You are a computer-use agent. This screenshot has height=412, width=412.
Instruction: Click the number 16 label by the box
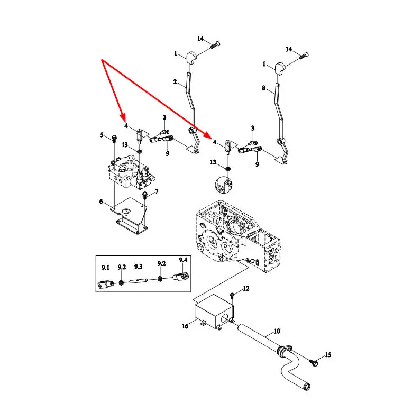pyautogui.click(x=185, y=326)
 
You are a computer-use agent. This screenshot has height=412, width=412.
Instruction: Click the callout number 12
pyautogui.click(x=245, y=289)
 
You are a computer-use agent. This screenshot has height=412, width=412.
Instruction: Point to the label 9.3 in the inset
pyautogui.click(x=139, y=267)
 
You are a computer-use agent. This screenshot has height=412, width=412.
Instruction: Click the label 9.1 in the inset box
pyautogui.click(x=105, y=268)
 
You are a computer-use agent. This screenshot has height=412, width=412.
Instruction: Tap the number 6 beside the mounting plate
pyautogui.click(x=100, y=202)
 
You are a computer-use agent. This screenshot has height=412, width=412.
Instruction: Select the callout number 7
pyautogui.click(x=156, y=191)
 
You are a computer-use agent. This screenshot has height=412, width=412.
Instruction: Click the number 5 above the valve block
pyautogui.click(x=103, y=135)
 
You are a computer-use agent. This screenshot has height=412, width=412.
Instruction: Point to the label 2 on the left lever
pyautogui.click(x=175, y=82)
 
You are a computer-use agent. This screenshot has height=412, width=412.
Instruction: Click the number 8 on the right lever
pyautogui.click(x=264, y=88)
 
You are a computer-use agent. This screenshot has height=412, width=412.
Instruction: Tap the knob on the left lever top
pyautogui.click(x=191, y=56)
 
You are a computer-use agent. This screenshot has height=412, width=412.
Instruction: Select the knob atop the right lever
pyautogui.click(x=280, y=67)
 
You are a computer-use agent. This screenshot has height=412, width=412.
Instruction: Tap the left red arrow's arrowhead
pyautogui.click(x=123, y=117)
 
